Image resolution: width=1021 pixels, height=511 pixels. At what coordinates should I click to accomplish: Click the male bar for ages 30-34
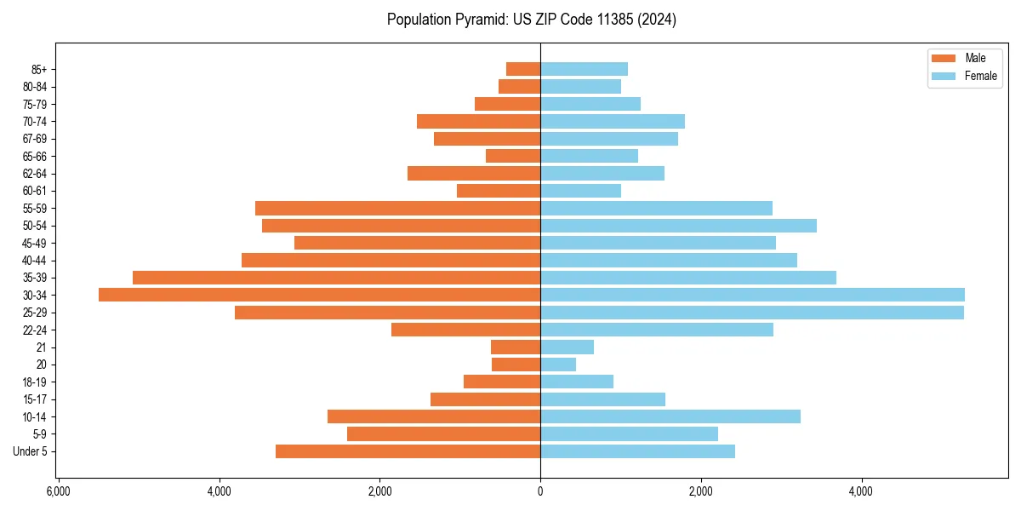(x=319, y=295)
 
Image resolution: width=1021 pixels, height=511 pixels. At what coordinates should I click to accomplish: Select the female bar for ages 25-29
(x=752, y=313)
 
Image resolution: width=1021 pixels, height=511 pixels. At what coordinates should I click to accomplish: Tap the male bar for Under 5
(x=408, y=451)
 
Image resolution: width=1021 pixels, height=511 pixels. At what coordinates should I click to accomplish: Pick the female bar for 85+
(x=584, y=69)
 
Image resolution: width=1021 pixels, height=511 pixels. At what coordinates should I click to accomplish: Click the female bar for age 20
(x=558, y=365)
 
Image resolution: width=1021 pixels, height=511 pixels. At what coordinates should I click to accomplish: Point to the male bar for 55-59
(x=397, y=208)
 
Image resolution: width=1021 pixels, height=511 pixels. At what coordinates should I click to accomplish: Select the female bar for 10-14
(x=670, y=416)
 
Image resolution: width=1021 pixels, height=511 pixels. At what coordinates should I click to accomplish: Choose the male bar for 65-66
(x=513, y=156)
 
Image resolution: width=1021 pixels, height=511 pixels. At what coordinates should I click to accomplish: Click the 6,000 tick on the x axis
(x=59, y=491)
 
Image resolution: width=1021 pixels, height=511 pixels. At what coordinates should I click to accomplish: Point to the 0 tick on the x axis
(x=540, y=491)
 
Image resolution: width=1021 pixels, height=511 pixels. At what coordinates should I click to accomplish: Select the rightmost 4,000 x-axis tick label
(x=861, y=491)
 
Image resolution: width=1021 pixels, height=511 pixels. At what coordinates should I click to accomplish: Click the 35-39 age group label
(x=35, y=278)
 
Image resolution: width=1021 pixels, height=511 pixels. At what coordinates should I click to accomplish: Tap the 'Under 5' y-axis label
(x=30, y=451)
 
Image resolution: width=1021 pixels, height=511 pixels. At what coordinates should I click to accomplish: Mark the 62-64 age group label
(x=35, y=174)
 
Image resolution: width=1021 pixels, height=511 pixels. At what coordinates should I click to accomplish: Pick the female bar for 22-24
(x=657, y=330)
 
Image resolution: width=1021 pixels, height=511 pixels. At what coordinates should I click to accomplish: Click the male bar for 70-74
(x=478, y=121)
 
